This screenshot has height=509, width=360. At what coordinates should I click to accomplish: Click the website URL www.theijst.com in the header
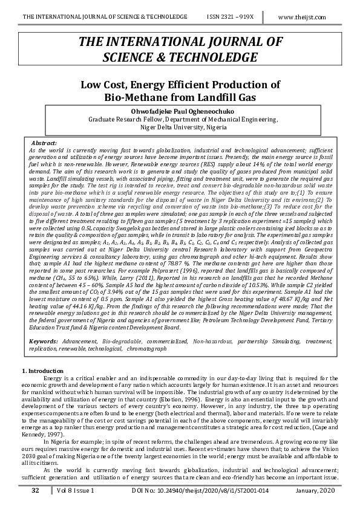(x=310, y=18)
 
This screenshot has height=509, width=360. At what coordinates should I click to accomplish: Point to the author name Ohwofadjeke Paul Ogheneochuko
(x=180, y=111)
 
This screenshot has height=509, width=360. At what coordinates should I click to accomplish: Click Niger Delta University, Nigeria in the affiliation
(x=180, y=128)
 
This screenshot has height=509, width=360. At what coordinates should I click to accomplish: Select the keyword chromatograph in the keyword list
(x=148, y=349)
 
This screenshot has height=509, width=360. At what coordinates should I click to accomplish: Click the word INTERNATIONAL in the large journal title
(x=155, y=42)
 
